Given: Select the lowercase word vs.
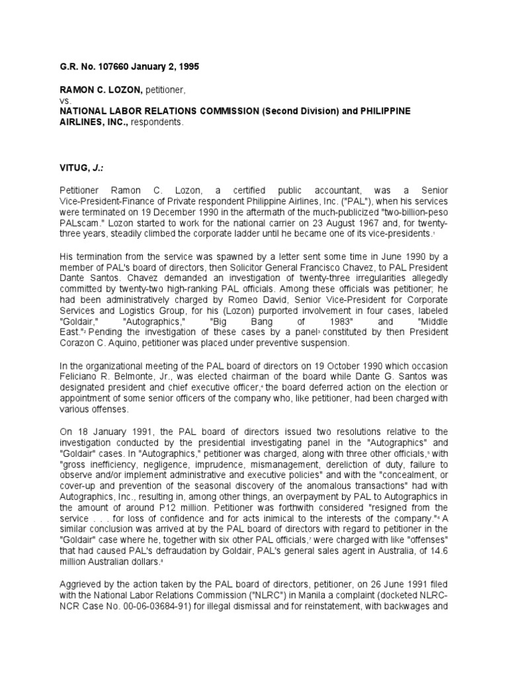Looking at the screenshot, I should point(65,100).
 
